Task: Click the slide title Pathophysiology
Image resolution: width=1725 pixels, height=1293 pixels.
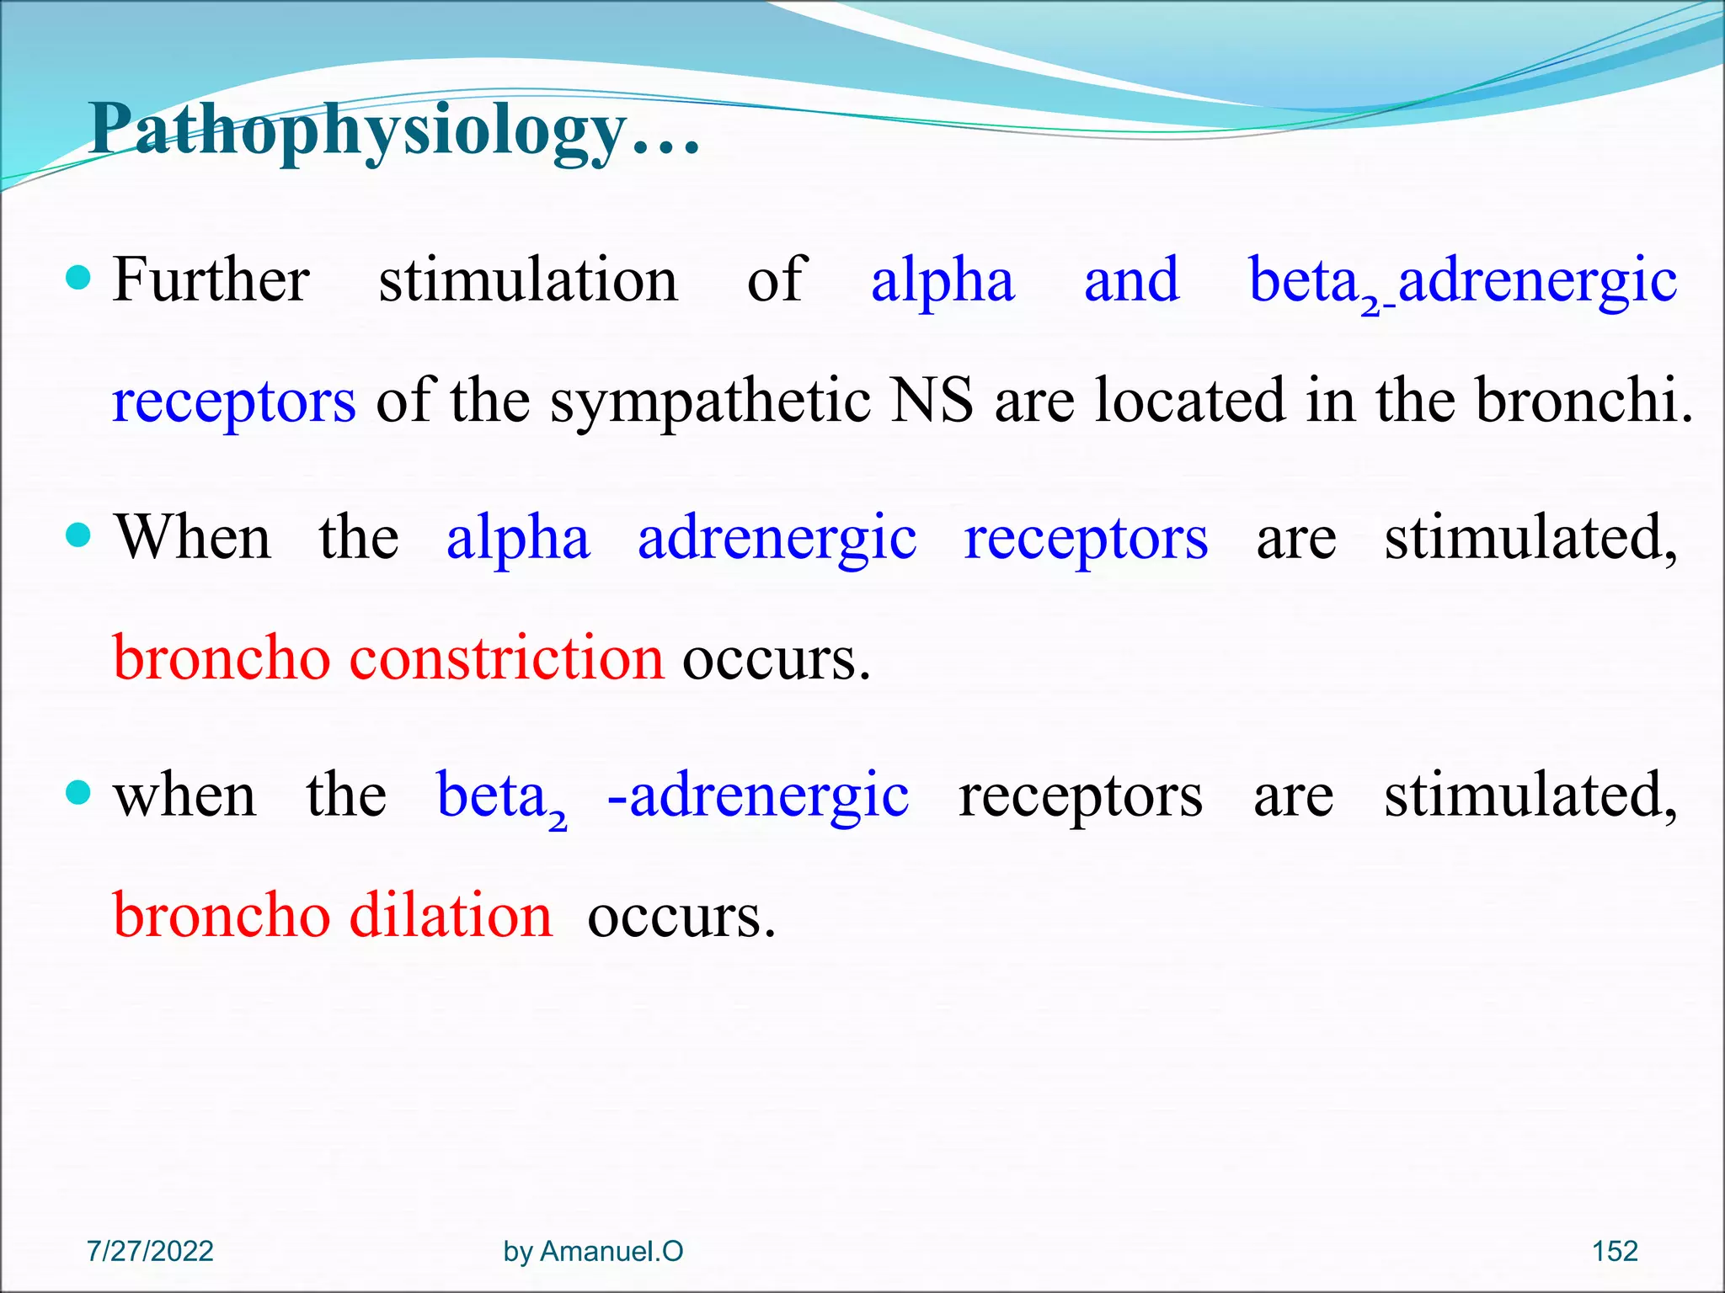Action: [394, 131]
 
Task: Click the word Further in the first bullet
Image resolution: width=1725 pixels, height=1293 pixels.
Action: [211, 280]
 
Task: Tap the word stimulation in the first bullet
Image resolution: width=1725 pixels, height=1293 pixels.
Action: [528, 280]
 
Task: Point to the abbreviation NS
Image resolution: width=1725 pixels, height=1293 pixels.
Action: [932, 401]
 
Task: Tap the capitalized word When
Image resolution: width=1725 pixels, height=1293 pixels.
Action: [194, 538]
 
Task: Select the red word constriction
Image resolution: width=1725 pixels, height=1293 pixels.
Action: [506, 658]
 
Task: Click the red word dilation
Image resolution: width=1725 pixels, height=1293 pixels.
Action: [451, 916]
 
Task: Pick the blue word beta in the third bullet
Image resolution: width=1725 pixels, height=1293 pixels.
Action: [492, 795]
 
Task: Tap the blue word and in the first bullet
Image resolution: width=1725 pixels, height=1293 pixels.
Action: [1131, 280]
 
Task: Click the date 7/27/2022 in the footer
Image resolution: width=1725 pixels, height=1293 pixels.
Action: [150, 1251]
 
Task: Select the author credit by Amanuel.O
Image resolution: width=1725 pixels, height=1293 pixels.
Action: [593, 1251]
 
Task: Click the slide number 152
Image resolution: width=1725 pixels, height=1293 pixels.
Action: [1615, 1251]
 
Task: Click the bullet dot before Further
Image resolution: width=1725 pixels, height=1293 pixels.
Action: [77, 277]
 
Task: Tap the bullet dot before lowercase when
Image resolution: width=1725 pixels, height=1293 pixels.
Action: [77, 792]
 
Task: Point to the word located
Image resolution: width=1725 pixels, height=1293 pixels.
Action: [1190, 401]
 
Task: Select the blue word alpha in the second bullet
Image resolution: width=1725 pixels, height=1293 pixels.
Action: [518, 540]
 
